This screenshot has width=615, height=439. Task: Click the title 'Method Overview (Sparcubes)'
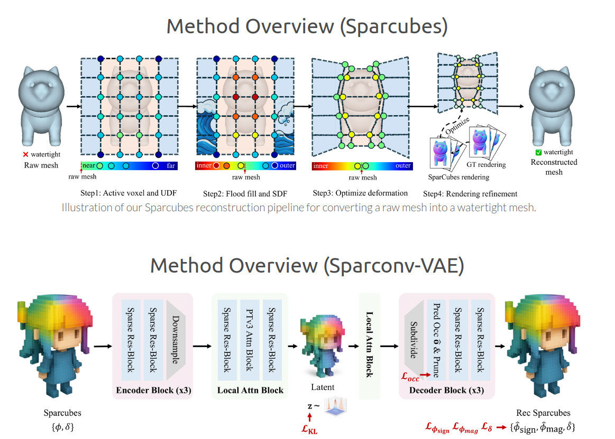(x=307, y=26)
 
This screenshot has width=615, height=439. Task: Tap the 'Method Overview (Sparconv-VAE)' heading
(x=307, y=265)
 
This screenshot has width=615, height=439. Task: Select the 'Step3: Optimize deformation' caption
(x=360, y=193)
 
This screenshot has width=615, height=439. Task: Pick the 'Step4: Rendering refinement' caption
(x=470, y=193)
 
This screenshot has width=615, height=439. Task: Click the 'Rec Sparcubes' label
(x=543, y=413)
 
